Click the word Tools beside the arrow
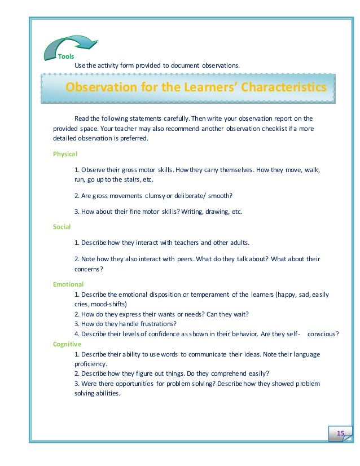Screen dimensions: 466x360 (x=65, y=57)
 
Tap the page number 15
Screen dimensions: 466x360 (x=340, y=433)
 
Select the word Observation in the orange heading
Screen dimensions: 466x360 (x=102, y=88)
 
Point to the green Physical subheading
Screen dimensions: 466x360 (x=65, y=153)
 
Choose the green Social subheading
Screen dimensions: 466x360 (x=62, y=226)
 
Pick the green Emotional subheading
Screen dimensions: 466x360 (x=68, y=284)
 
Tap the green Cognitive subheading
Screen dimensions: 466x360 (x=67, y=344)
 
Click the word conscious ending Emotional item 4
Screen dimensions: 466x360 (x=323, y=333)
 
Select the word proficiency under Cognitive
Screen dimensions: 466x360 (x=91, y=364)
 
